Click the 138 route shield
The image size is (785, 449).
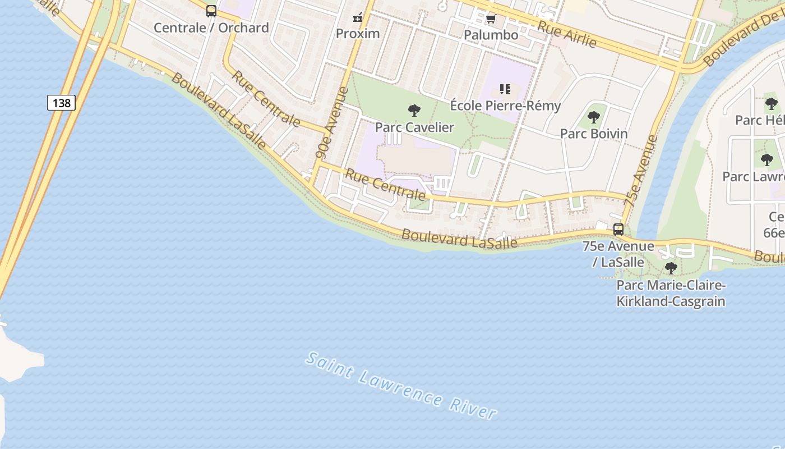[61, 103]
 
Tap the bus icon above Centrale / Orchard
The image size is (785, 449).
[211, 11]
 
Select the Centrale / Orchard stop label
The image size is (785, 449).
[211, 28]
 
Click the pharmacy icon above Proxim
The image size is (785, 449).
[358, 17]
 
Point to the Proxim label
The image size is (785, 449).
[358, 33]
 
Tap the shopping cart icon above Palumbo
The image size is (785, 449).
[491, 19]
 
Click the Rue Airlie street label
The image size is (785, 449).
[566, 34]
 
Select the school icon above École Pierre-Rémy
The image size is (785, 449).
[505, 89]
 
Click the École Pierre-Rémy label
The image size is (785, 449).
[505, 106]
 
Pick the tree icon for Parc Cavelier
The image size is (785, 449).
[414, 110]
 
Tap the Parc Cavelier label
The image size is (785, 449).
[414, 127]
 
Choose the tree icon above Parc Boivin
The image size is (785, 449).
[594, 117]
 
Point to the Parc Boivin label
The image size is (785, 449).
[594, 134]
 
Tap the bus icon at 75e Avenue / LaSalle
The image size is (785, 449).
[618, 230]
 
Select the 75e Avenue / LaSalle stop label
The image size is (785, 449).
[618, 254]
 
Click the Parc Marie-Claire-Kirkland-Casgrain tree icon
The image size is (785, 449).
[671, 268]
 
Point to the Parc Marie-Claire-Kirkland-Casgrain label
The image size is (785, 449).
[671, 294]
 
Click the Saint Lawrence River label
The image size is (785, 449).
[401, 386]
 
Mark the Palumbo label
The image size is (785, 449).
[491, 35]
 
